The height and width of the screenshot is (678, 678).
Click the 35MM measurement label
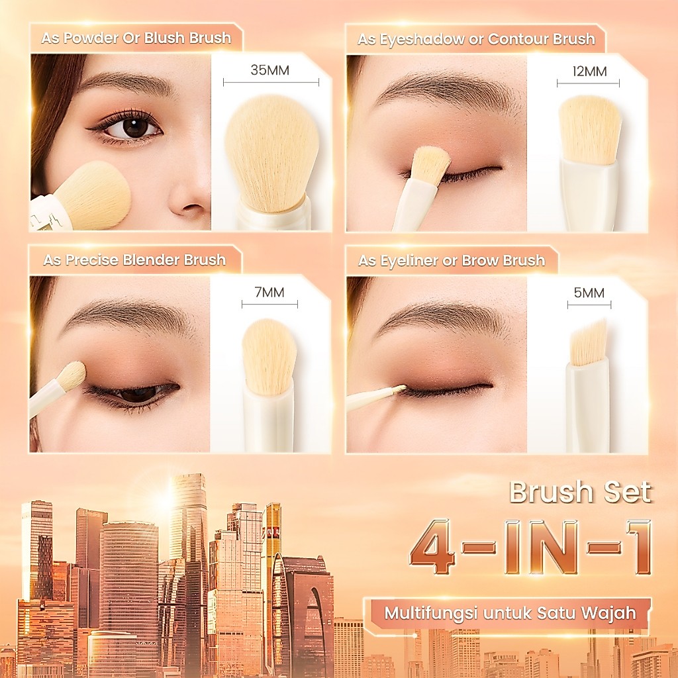tap(270, 70)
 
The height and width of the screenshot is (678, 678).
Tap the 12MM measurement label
tap(589, 72)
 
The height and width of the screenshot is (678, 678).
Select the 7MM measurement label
tap(269, 293)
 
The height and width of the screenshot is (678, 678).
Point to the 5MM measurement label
tap(589, 293)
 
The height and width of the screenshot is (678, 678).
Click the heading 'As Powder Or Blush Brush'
tap(136, 38)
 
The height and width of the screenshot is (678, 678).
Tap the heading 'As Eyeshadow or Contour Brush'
tap(476, 39)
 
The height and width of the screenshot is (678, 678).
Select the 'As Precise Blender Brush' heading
tap(134, 260)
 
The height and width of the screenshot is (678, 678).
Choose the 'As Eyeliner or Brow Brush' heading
tap(452, 261)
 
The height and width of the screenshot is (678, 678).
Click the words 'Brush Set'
tap(580, 492)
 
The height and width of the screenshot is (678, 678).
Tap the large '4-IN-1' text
tap(531, 548)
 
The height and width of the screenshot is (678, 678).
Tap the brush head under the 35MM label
tap(272, 154)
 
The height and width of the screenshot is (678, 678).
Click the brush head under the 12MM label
tap(590, 130)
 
